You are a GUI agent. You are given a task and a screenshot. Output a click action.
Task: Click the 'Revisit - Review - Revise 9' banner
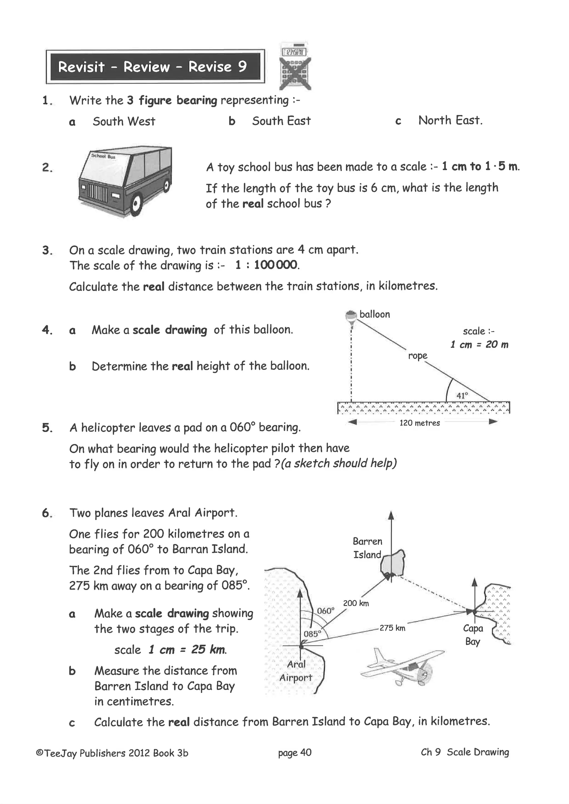(x=153, y=67)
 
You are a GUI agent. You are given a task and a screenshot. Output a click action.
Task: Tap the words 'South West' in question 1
(x=124, y=122)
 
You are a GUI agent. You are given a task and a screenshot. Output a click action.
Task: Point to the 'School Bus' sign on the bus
(x=103, y=156)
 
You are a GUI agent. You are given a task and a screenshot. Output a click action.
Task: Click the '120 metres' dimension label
(x=420, y=423)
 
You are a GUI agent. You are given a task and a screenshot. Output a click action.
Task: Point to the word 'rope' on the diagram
(x=418, y=356)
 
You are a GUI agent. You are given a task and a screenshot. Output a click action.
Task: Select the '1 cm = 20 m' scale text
(x=479, y=345)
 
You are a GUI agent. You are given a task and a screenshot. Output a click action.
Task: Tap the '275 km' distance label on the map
(x=392, y=628)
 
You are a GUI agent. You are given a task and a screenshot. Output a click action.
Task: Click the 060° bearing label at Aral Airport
(x=326, y=611)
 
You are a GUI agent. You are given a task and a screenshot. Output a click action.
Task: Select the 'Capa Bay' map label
(x=473, y=635)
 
